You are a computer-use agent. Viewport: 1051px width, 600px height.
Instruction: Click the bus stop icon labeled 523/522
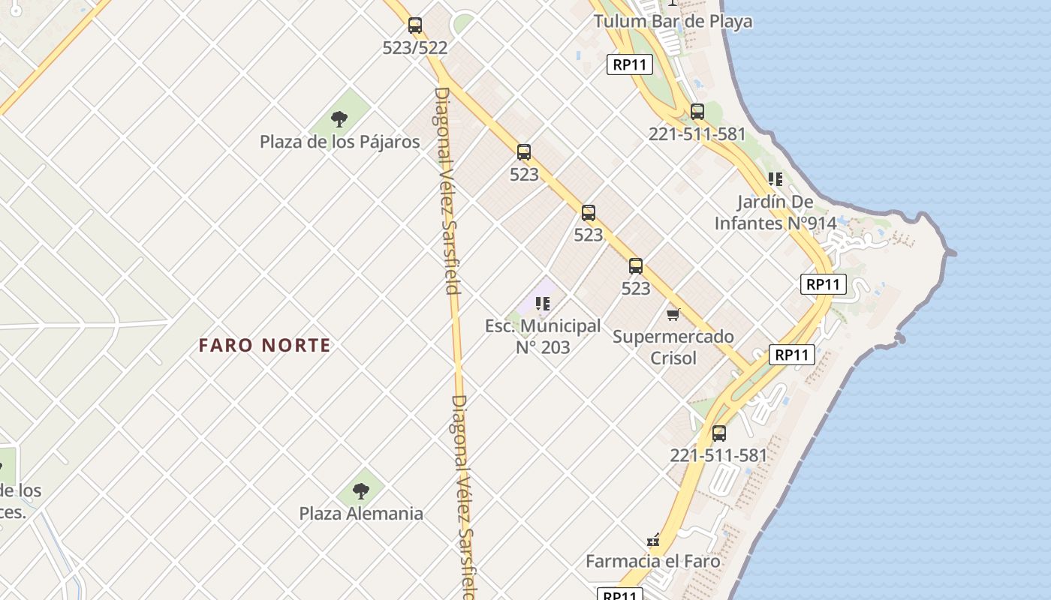[415, 25]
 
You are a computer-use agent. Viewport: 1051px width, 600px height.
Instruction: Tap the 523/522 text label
[415, 48]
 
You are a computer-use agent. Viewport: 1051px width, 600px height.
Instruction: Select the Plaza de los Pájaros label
[340, 142]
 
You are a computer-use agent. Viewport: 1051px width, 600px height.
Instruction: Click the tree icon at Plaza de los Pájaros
[339, 118]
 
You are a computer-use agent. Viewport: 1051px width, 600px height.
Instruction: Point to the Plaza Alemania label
[361, 514]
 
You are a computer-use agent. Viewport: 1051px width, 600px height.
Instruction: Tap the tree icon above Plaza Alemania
[361, 491]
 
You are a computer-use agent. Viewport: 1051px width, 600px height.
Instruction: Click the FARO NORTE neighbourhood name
[264, 346]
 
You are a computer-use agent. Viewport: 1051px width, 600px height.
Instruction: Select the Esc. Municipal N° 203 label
[543, 337]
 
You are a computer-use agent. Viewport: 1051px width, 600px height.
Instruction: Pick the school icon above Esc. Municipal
[543, 304]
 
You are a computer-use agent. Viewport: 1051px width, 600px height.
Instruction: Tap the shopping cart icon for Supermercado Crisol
[673, 315]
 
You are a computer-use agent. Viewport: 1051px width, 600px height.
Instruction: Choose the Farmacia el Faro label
[653, 561]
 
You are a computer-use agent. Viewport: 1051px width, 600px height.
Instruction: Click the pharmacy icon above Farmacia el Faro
[653, 540]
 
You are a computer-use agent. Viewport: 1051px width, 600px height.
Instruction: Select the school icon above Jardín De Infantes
[775, 179]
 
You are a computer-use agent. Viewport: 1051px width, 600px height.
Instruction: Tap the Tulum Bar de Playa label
[673, 21]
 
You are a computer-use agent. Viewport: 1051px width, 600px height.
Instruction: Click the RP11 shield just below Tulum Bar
[629, 64]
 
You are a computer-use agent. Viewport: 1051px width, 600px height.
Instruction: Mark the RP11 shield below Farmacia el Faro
[620, 595]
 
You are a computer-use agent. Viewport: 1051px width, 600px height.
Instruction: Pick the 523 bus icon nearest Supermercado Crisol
[636, 265]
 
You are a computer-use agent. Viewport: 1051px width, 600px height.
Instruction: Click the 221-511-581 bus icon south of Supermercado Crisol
[719, 433]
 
